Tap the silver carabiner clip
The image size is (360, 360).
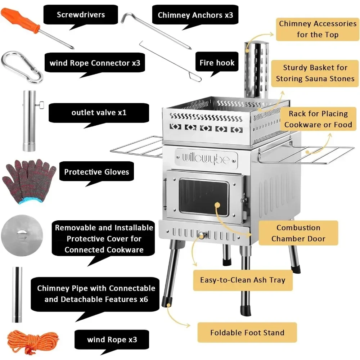[22, 67]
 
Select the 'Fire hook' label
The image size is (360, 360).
[217, 63]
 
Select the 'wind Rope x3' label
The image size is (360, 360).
[112, 340]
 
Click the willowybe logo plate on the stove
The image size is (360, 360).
[206, 158]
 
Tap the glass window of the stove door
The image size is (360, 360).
[203, 198]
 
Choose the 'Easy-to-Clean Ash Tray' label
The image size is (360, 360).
[243, 280]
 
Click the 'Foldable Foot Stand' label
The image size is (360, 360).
[247, 333]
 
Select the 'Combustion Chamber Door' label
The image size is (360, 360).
[298, 233]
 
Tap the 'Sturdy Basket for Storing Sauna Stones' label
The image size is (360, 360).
[315, 73]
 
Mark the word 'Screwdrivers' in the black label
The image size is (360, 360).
[81, 15]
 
